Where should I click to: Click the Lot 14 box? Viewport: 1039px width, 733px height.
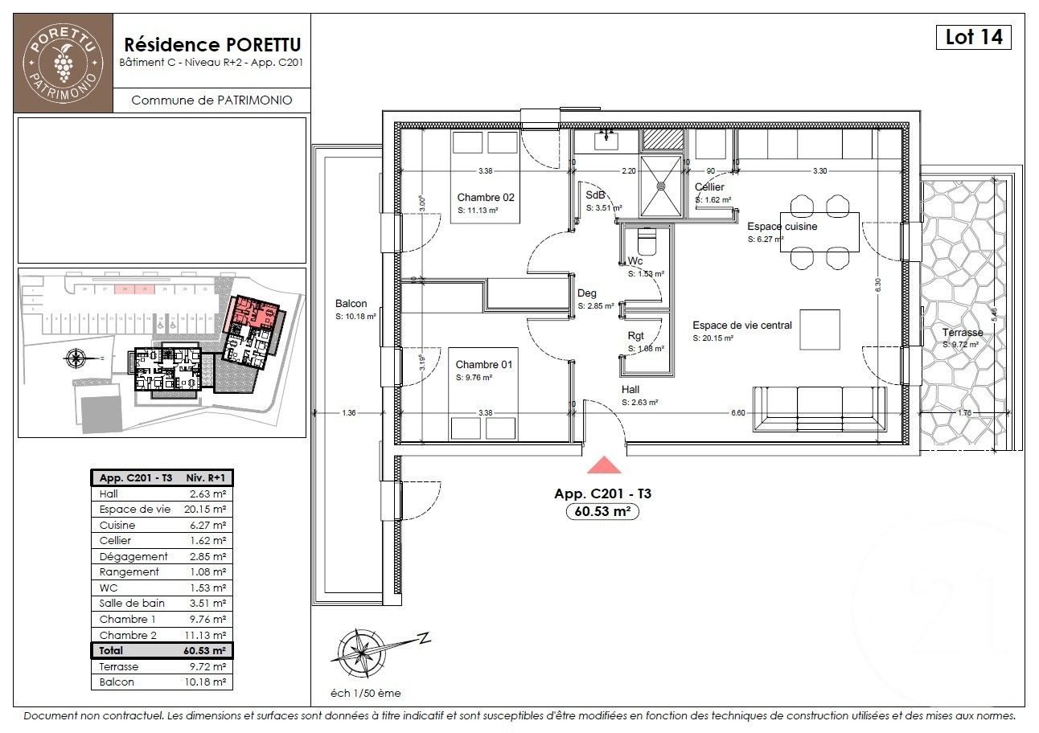click(x=972, y=37)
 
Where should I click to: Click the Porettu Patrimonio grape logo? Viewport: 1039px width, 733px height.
click(x=63, y=63)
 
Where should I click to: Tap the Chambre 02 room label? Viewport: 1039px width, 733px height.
click(x=485, y=198)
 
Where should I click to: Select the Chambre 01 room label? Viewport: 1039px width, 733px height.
click(x=483, y=365)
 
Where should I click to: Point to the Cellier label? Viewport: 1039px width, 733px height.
click(x=710, y=186)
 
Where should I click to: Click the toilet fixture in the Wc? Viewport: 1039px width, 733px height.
click(x=646, y=241)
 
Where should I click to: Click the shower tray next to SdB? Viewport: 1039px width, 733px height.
click(x=662, y=186)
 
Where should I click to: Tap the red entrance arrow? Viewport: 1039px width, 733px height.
click(x=604, y=465)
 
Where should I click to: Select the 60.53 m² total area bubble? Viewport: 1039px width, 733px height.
click(x=602, y=511)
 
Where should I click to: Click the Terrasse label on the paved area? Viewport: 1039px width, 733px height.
click(x=963, y=333)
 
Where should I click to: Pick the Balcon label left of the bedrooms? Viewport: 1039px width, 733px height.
click(x=351, y=304)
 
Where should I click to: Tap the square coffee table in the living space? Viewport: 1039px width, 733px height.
click(x=819, y=329)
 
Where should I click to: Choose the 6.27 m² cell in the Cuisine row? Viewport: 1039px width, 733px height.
click(x=207, y=525)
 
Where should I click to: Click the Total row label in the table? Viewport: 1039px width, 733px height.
click(x=112, y=650)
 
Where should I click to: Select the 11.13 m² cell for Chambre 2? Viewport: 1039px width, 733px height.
click(x=207, y=635)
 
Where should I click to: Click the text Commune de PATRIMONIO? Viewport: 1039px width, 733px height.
click(x=211, y=100)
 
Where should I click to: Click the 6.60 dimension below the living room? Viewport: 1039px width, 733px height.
click(x=737, y=412)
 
